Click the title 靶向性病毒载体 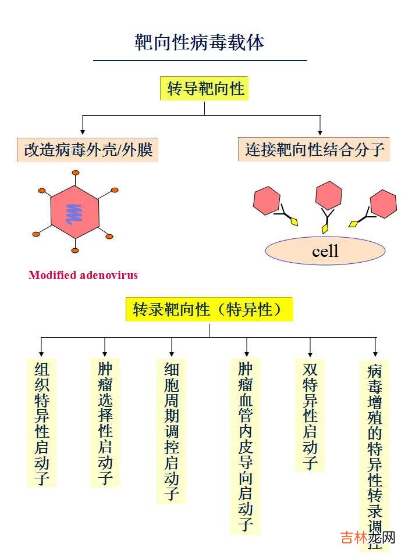pos(200,42)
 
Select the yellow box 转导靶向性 pos(204,88)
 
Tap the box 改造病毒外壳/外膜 pos(88,150)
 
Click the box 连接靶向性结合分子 pos(314,150)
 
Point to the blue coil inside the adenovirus pos(73,214)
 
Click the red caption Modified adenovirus pos(83,275)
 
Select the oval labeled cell pos(325,251)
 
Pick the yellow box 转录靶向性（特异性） pos(209,309)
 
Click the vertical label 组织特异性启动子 pos(42,423)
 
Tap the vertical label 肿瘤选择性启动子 pos(105,423)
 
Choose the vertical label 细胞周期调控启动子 pos(171,431)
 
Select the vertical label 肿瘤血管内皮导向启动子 pos(246,446)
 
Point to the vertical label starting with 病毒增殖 pos(375,453)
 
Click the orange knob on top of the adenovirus pos(74,173)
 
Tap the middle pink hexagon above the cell pos(328,195)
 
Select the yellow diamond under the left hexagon pos(294,222)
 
